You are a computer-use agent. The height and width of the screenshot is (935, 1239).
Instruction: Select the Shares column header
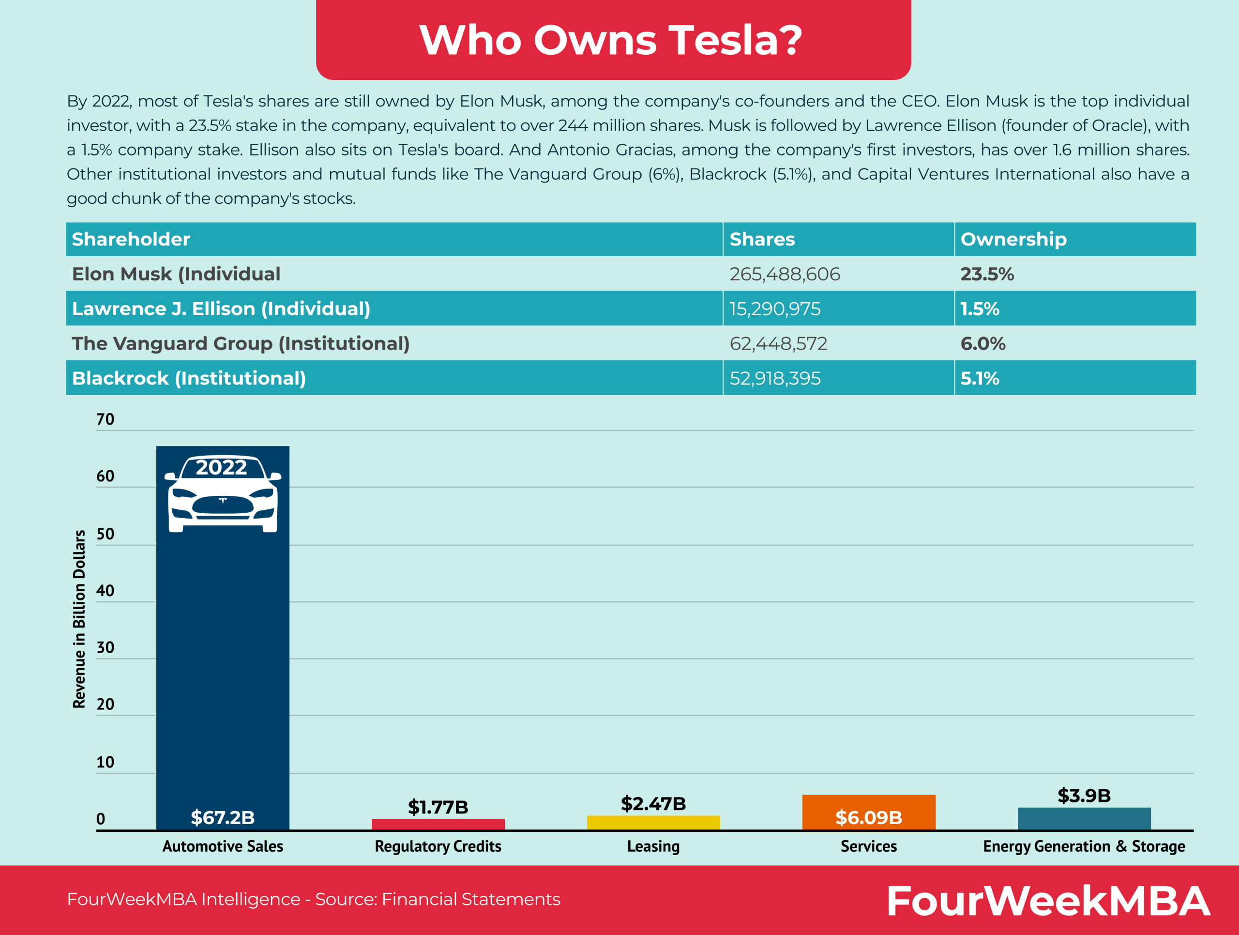(x=762, y=239)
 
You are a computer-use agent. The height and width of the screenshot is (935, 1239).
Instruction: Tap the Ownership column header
(x=1013, y=239)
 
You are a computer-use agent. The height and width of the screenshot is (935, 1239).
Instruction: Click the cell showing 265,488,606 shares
(x=784, y=274)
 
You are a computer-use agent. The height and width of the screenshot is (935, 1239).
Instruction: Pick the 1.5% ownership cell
(x=980, y=308)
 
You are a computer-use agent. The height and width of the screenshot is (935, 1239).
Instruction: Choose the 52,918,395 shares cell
(x=775, y=378)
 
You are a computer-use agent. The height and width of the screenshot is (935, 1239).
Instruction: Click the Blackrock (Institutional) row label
(x=189, y=378)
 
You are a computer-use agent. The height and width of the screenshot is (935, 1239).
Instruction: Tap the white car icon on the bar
(x=222, y=494)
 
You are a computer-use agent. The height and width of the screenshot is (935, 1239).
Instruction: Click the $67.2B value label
(x=222, y=817)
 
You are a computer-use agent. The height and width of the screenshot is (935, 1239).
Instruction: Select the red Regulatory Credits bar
(x=438, y=824)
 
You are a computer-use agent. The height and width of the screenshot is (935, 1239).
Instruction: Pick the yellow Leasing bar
(x=653, y=822)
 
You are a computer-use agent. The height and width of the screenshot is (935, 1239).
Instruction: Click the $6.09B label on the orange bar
(x=869, y=817)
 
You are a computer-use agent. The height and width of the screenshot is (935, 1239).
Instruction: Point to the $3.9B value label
(x=1084, y=796)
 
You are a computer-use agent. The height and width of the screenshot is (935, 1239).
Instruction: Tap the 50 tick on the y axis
(x=106, y=534)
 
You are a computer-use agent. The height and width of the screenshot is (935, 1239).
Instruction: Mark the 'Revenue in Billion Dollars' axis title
(x=79, y=619)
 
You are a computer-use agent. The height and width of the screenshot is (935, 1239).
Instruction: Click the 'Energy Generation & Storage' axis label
(x=1084, y=846)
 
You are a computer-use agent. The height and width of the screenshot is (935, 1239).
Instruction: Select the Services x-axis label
(x=869, y=846)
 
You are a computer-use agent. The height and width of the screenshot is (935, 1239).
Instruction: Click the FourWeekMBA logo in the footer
(x=1047, y=901)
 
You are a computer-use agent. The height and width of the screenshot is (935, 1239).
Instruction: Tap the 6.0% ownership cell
(x=982, y=343)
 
